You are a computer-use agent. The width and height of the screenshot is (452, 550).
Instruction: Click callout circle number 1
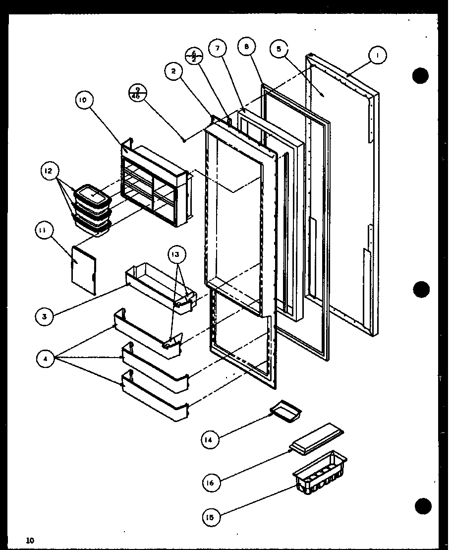coord(377,56)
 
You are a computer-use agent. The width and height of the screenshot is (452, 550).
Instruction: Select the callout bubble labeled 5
coord(279,49)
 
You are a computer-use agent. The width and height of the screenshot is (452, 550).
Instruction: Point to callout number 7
coord(217,48)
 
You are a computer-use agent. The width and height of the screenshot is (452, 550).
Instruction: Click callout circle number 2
coord(173,71)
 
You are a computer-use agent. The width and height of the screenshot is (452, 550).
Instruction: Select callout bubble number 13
coord(176,255)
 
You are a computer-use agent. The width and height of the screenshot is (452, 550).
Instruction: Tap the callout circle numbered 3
coord(44,316)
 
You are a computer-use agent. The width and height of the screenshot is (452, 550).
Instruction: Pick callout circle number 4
coord(45,359)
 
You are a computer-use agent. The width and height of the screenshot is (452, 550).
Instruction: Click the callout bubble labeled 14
coord(210,439)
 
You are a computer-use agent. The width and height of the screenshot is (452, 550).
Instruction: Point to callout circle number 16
coord(211,482)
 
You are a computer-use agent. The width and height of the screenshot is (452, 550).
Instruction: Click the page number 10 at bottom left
coord(31,540)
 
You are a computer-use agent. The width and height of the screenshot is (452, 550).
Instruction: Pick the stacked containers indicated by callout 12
coord(92,208)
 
